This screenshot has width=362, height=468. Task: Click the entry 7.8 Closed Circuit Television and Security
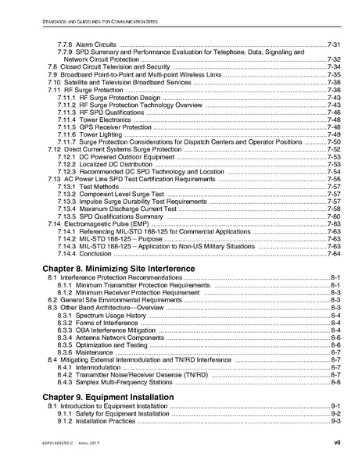105,66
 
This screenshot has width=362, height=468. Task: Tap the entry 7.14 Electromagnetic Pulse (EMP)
100,223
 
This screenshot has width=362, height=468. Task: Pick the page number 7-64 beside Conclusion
333,253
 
